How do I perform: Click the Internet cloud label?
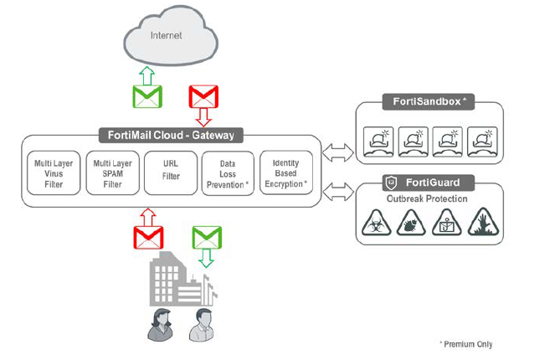coord(166,35)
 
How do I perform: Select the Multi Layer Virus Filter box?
coord(54,173)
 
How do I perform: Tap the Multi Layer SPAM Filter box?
coord(112,173)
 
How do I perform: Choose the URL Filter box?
coord(171,173)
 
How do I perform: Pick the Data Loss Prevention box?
coord(228,173)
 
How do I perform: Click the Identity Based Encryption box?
coord(286,173)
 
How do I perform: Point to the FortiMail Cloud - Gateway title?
coord(171,136)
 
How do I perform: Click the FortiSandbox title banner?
coord(429,101)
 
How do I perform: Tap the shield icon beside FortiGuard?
coord(391,183)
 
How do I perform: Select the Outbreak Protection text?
coord(427,198)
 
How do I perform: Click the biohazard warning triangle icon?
coord(377,223)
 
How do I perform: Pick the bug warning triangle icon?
coord(411,223)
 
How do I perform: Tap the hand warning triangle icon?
coord(484,222)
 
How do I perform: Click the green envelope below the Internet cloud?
coord(147,96)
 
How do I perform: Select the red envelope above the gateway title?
coord(203,96)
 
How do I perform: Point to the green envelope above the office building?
coord(207,238)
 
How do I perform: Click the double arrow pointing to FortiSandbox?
coord(338,152)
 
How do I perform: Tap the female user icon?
coord(161,325)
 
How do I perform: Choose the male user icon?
coord(202,325)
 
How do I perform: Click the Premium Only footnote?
coord(465,344)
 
